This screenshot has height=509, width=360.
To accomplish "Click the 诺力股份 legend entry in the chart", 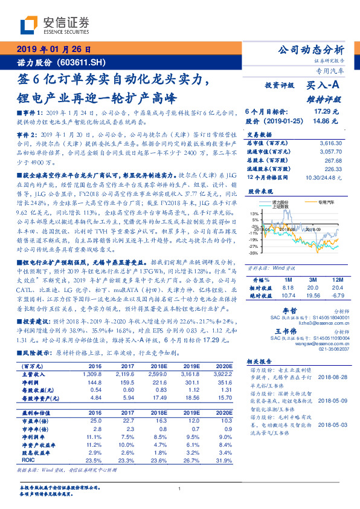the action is tap(281, 203).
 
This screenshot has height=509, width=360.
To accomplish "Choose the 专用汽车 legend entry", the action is tap(327, 203).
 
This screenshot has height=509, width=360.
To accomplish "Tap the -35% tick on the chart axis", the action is tap(254, 253).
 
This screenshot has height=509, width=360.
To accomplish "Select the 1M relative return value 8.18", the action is tap(288, 288).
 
